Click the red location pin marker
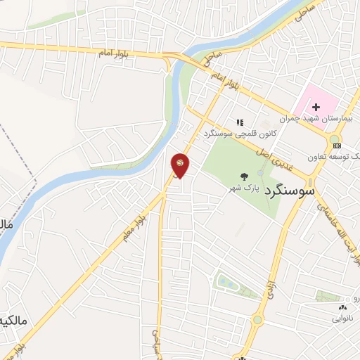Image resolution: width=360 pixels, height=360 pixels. [179, 165]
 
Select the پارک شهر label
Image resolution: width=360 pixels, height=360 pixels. [243, 188]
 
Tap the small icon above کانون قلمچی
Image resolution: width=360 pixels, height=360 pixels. [239, 121]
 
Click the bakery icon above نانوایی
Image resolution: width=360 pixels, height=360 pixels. [342, 307]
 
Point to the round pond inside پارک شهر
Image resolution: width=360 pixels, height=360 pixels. [262, 172]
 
